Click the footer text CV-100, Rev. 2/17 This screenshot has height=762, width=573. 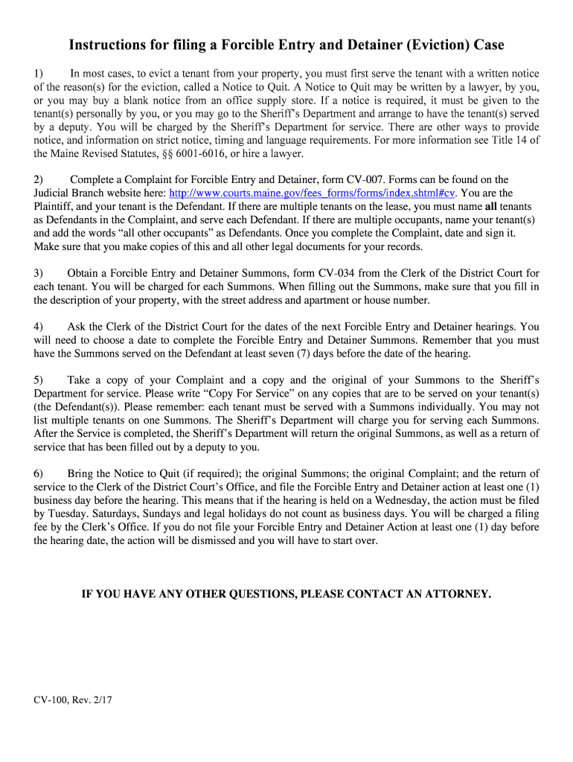73,700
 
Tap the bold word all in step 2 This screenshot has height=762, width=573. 491,207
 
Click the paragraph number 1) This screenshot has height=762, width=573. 39,74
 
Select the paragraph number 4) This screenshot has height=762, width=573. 39,327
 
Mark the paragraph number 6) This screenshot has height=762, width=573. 39,473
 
